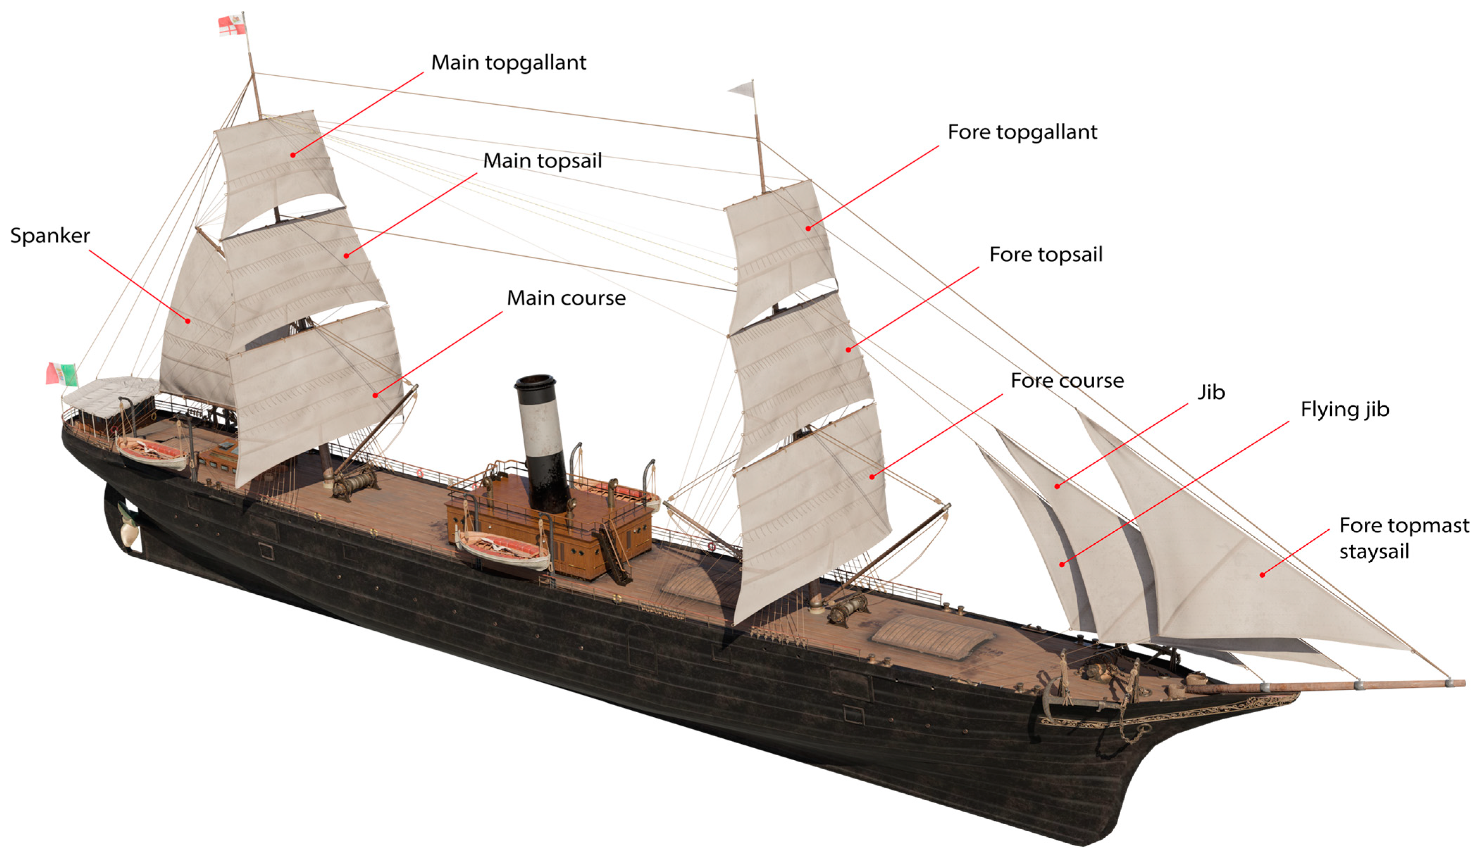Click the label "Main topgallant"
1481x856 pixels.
coord(508,62)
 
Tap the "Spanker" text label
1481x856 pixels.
coord(50,236)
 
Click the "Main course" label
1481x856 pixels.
coord(566,298)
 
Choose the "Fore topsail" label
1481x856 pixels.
coord(1046,254)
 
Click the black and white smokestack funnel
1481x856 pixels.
coord(541,441)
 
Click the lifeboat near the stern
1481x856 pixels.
coord(152,452)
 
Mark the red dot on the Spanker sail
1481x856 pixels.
coord(187,321)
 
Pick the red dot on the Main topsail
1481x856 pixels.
coord(346,256)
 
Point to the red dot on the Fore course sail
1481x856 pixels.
coord(872,476)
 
